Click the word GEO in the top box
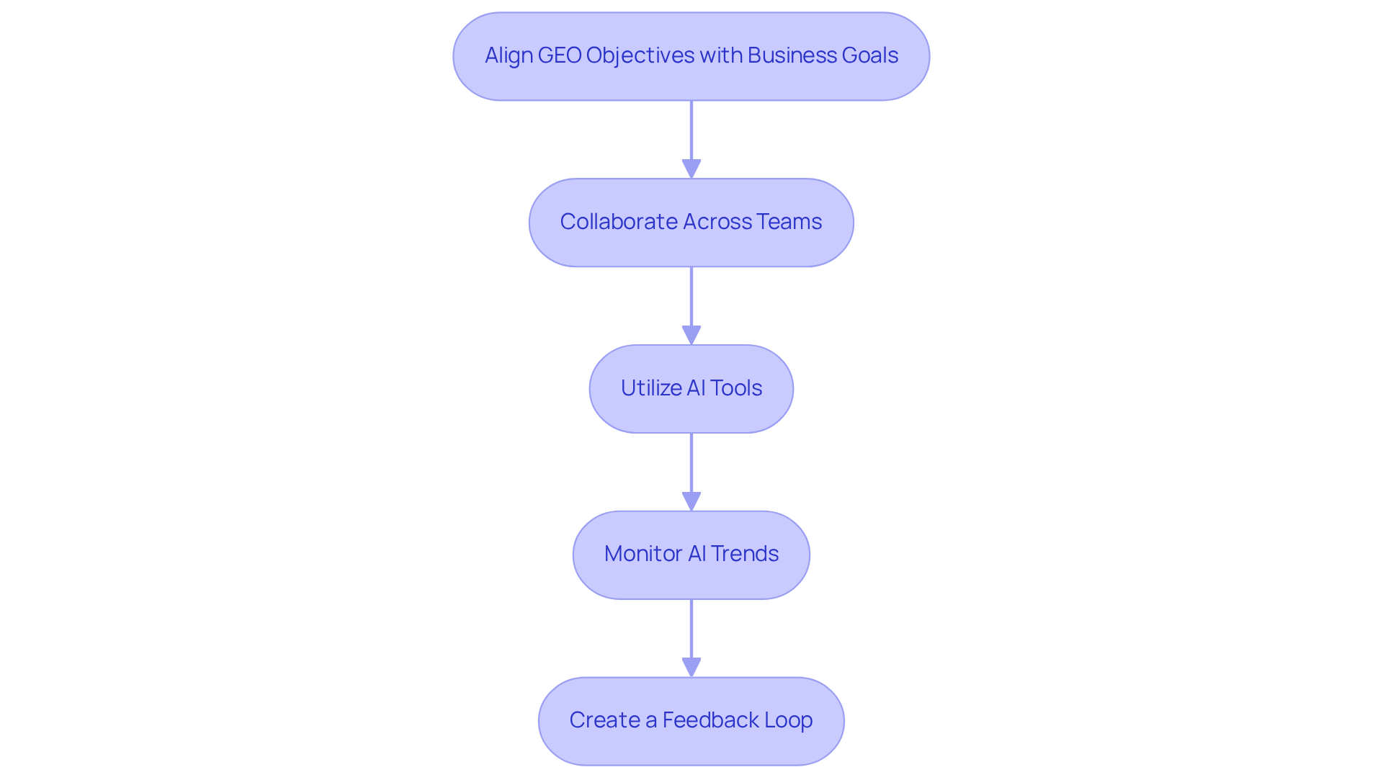click(x=559, y=55)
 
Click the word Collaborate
click(x=618, y=222)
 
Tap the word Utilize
click(x=651, y=388)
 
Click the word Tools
click(x=736, y=388)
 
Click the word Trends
click(x=745, y=554)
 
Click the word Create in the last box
click(x=604, y=720)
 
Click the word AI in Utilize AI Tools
click(x=696, y=388)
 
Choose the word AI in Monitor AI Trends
click(x=697, y=554)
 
